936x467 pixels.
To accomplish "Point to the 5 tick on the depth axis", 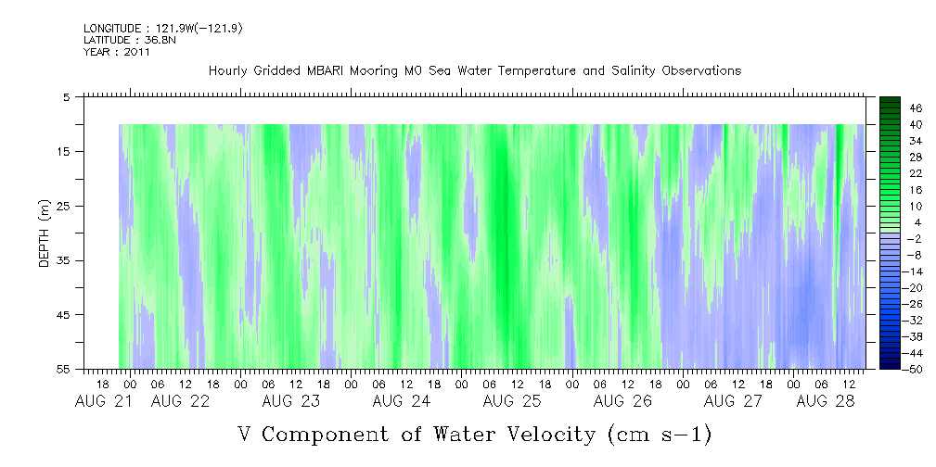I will pyautogui.click(x=67, y=96).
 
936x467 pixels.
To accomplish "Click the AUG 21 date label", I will pyautogui.click(x=103, y=401).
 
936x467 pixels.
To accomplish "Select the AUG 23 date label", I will pyautogui.click(x=291, y=401).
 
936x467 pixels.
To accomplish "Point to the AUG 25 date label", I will pyautogui.click(x=512, y=401).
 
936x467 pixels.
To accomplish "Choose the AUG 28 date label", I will pyautogui.click(x=825, y=401).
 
